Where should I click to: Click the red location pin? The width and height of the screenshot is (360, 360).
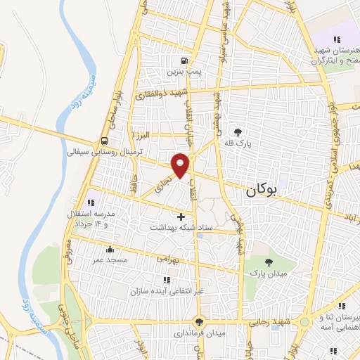pos(181,165)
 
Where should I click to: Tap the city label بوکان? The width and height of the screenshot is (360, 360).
pos(262,189)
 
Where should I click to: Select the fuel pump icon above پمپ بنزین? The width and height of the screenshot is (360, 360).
pos(184,60)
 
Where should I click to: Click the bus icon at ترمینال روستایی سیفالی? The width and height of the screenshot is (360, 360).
pos(104,140)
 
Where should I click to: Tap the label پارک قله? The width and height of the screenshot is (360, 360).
pos(238,142)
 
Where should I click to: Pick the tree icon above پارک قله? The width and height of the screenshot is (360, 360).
pos(238,131)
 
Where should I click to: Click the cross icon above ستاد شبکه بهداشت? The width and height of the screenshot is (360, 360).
pos(182,217)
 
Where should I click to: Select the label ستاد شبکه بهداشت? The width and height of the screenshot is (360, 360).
pos(182,228)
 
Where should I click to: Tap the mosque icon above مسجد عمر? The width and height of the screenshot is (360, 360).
pos(110,249)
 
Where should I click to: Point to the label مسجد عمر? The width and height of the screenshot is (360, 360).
pos(110,259)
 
